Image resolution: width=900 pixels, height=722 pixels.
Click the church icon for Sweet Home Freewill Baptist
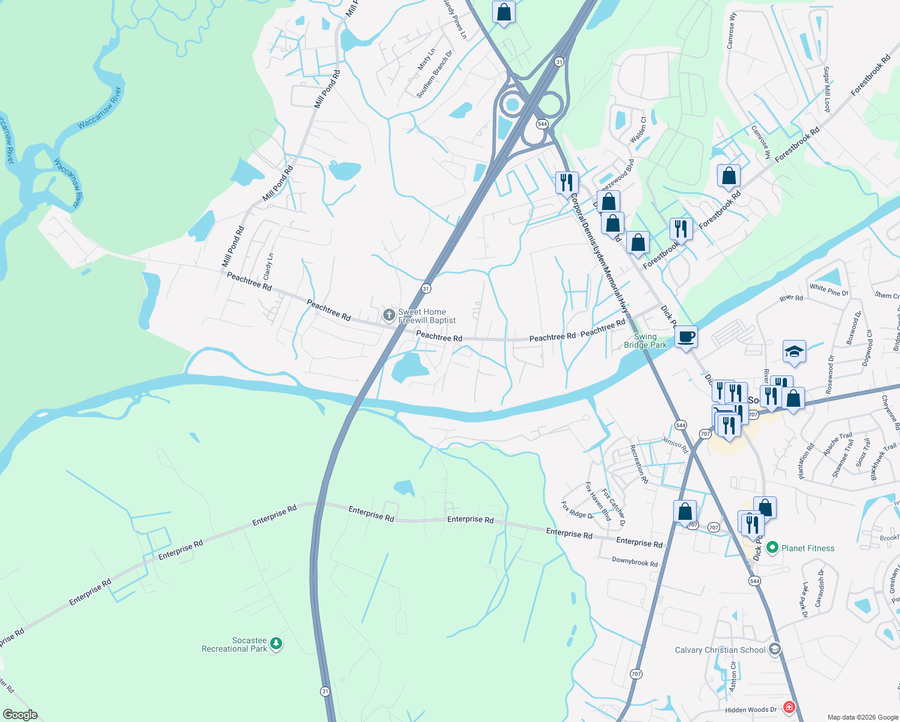click(389, 315)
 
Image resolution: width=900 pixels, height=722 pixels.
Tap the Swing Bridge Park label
click(646, 341)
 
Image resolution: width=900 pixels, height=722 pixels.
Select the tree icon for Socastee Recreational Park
click(276, 644)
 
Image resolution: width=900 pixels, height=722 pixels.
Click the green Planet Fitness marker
click(772, 548)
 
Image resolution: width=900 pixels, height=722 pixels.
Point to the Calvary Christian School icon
click(775, 649)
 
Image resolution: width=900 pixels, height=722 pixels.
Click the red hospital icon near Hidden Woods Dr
click(789, 708)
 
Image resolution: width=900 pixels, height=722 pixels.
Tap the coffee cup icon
click(686, 336)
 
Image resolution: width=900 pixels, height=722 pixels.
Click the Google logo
click(20, 715)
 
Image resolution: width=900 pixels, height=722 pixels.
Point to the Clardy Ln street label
click(268, 265)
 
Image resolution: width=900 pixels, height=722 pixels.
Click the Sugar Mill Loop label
click(827, 89)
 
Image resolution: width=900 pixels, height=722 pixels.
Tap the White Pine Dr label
click(828, 290)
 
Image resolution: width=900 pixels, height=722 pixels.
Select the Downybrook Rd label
click(635, 562)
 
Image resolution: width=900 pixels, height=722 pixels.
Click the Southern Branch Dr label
click(434, 75)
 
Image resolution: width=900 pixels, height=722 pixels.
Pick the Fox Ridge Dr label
click(577, 510)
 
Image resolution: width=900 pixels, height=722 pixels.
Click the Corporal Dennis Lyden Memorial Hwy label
click(600, 253)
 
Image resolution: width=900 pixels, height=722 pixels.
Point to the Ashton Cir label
click(733, 677)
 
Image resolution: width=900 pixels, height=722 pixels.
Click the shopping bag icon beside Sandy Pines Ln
click(504, 11)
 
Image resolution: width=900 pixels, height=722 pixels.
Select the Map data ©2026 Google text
click(862, 717)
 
